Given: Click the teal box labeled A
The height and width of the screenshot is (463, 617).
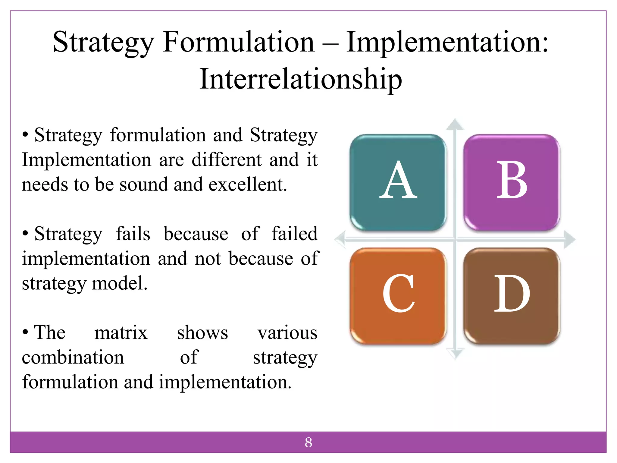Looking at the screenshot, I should point(398,182).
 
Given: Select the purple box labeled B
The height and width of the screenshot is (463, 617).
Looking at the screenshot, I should point(511,182).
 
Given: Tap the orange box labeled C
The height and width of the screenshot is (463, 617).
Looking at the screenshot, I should point(398,296).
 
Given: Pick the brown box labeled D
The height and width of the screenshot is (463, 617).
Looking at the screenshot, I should point(511,296).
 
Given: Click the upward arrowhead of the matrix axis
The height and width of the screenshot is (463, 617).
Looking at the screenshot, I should point(455,124).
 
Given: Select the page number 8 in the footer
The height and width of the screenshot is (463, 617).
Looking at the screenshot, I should point(308,443).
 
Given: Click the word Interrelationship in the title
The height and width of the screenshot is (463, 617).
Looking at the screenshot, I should point(301,79).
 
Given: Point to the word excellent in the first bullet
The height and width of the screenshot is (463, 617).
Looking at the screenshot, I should point(248,184).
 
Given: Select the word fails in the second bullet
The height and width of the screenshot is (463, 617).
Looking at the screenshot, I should point(133,234).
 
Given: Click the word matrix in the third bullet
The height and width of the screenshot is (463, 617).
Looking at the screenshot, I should point(121,332).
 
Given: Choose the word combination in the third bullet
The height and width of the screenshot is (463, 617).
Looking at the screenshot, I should point(73,357).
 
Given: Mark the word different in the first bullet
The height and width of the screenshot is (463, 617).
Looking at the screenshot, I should point(227,159).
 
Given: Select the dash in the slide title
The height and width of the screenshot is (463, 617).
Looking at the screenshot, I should point(330,43).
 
